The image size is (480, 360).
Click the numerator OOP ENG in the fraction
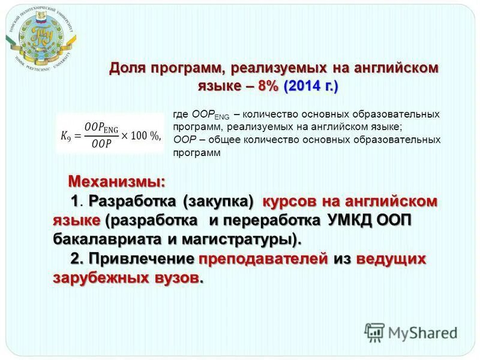pos(102,126)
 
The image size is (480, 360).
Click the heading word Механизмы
pos(116,181)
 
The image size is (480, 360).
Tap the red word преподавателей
pos(263,259)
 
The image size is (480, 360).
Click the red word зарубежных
pos(99,279)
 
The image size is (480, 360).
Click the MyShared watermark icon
pos(374,332)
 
